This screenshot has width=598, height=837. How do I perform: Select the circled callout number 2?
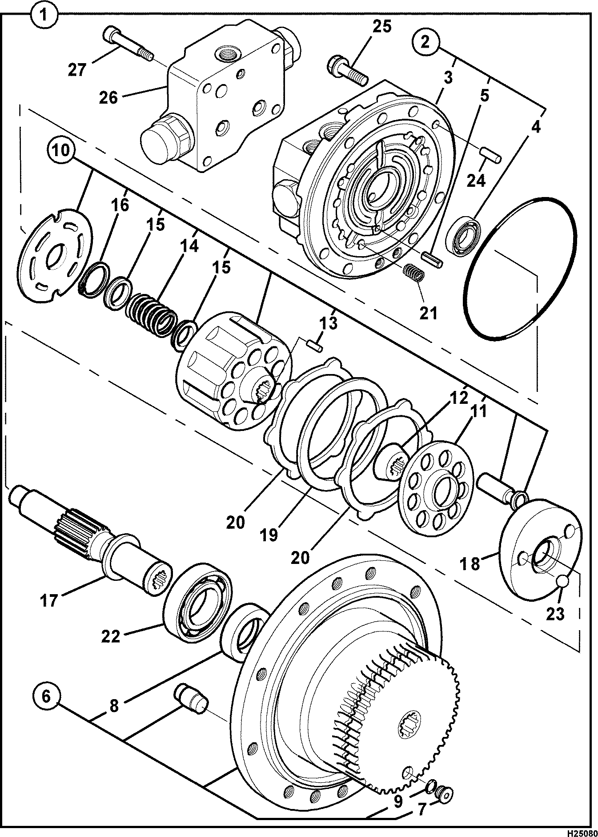pyautogui.click(x=425, y=42)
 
